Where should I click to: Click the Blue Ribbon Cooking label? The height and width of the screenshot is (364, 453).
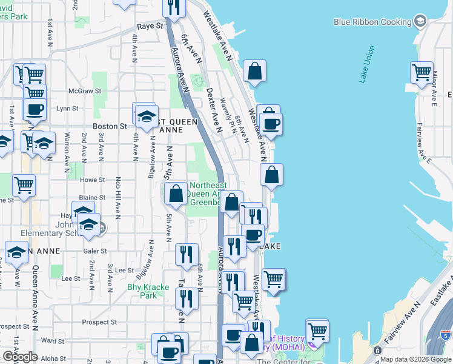pos(372,22)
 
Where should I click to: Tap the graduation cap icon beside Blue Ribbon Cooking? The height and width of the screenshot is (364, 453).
pos(418,22)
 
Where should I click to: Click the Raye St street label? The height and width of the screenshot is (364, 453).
pos(150,26)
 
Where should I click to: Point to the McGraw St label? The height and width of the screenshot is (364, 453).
pos(81,91)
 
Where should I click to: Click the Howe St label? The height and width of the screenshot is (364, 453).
pos(93,180)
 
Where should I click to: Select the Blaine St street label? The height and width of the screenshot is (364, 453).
pos(93,198)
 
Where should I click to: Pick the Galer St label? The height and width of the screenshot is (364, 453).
pos(94,251)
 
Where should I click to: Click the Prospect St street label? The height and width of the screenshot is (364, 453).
pos(99,322)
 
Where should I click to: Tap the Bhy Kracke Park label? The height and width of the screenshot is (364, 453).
pos(142,291)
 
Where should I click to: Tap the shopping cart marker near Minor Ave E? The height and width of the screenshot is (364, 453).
pos(422,72)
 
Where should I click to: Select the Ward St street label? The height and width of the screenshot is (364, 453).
pos(53,341)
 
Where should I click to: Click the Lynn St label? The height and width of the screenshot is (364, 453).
pos(67,109)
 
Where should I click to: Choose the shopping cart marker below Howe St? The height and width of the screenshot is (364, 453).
pos(24,185)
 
